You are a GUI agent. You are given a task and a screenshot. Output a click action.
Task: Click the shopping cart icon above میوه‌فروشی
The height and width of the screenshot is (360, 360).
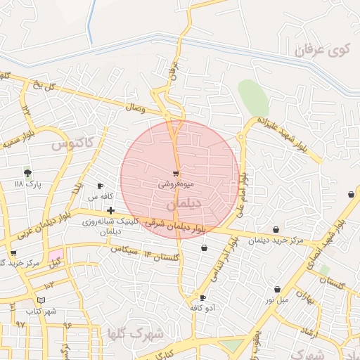click(x=175, y=173)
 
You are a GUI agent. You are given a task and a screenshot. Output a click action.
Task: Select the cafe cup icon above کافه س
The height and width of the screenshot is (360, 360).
click(x=101, y=186)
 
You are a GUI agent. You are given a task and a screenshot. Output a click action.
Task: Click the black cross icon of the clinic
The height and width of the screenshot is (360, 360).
click(x=110, y=210)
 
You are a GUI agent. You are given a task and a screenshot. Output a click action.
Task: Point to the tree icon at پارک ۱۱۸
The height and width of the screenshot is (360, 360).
click(x=27, y=172)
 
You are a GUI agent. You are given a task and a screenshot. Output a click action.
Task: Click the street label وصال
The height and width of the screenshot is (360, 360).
click(x=135, y=108)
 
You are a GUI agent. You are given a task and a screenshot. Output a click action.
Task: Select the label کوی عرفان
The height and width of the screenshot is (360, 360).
click(x=322, y=51)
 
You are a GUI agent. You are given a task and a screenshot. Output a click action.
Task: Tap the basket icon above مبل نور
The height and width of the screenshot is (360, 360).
click(x=277, y=289)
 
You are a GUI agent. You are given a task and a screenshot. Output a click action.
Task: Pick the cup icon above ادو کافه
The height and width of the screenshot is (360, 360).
click(x=202, y=298)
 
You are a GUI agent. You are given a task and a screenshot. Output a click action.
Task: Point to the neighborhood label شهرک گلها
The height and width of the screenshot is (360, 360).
click(x=137, y=332)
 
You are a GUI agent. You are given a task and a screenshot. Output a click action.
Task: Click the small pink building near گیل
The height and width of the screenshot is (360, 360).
click(x=56, y=254)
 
